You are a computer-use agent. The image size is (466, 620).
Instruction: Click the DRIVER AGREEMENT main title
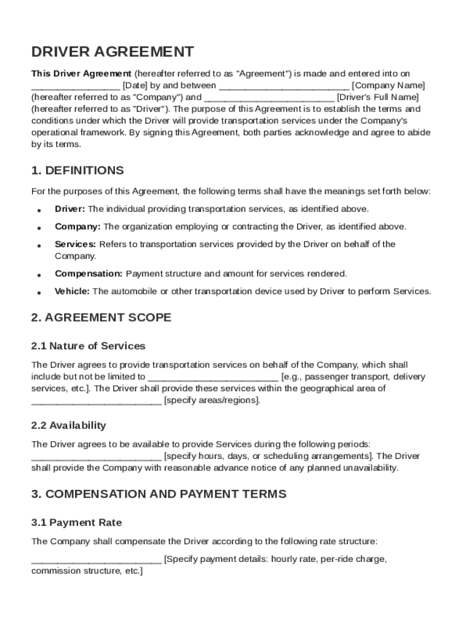click(x=113, y=51)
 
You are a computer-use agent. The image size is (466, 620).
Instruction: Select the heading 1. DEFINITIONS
click(x=77, y=170)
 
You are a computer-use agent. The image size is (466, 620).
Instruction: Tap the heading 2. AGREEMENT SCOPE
click(x=101, y=317)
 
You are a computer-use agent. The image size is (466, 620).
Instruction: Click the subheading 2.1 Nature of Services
click(x=88, y=346)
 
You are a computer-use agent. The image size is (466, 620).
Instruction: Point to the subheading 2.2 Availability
click(x=68, y=425)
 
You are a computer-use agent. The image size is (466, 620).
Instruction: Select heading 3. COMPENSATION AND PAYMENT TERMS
click(x=159, y=494)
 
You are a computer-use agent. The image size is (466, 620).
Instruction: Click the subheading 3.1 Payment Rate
click(x=76, y=523)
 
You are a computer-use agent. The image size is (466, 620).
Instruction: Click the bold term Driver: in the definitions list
click(x=70, y=209)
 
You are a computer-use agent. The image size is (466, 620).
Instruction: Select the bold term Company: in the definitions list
click(x=77, y=226)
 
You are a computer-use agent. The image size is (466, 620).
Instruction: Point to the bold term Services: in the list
click(x=75, y=244)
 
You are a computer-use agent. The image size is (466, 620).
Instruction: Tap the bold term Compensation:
click(x=88, y=274)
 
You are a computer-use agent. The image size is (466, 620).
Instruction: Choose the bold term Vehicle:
click(x=72, y=291)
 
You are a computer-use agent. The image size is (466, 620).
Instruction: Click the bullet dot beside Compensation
click(x=39, y=275)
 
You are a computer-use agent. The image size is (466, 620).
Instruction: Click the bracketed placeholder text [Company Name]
click(x=388, y=85)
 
